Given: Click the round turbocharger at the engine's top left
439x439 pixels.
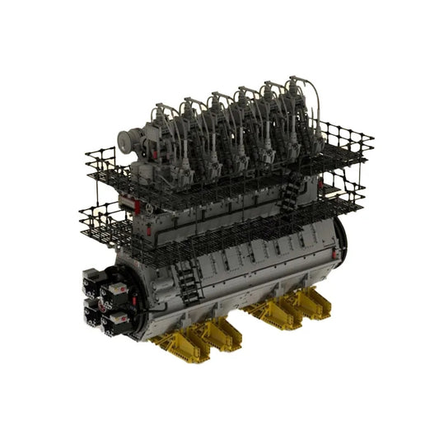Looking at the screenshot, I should pos(130,142).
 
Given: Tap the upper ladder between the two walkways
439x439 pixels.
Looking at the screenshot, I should pos(291,196).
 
